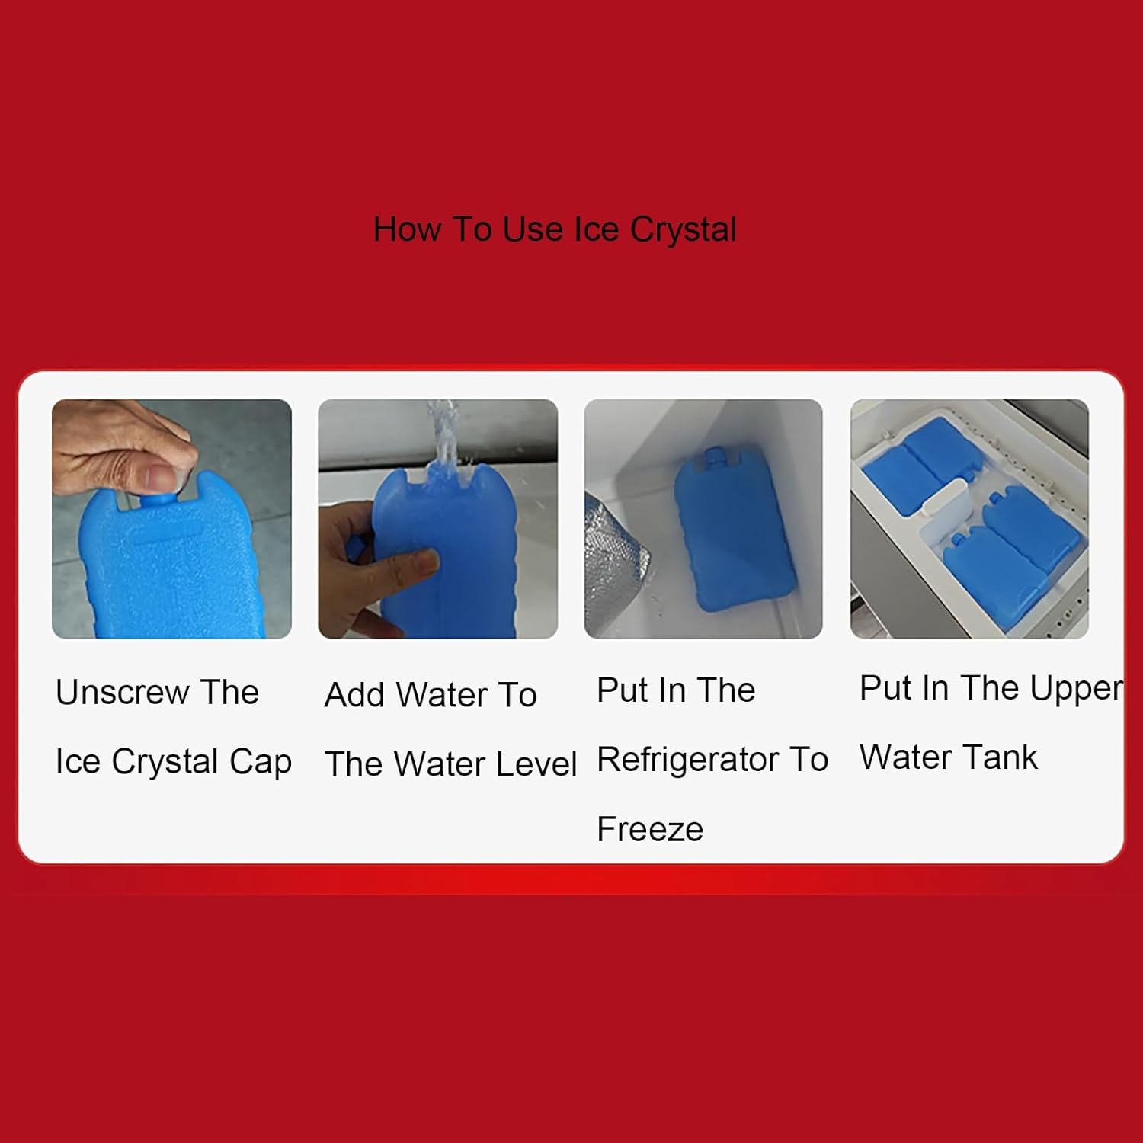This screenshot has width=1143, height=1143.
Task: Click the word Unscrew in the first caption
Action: click(x=122, y=693)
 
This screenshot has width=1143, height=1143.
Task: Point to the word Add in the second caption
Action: click(x=354, y=695)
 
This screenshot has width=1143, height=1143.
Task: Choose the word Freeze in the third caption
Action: click(x=650, y=830)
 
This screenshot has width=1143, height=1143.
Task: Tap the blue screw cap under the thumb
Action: click(x=156, y=499)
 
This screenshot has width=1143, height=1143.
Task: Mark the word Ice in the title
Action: click(x=596, y=229)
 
